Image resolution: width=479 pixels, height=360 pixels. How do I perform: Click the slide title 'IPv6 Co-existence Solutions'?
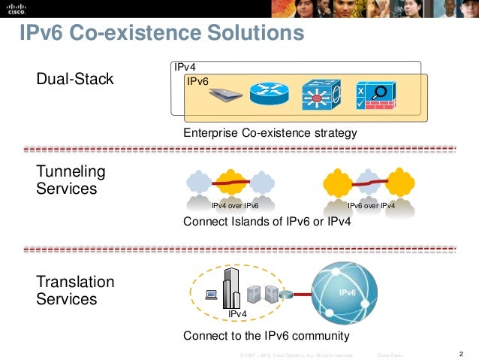162,35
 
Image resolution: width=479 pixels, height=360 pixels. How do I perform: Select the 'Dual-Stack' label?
75,78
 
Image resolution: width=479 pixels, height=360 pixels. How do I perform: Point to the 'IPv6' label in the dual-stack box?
197,80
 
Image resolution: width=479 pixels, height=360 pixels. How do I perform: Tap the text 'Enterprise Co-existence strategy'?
270,133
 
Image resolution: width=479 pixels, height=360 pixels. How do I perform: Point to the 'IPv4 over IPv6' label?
235,204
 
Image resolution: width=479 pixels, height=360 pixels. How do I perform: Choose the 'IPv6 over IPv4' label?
371,204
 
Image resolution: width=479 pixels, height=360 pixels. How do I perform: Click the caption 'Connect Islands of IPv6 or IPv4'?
267,222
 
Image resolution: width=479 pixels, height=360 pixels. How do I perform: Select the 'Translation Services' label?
76,290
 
